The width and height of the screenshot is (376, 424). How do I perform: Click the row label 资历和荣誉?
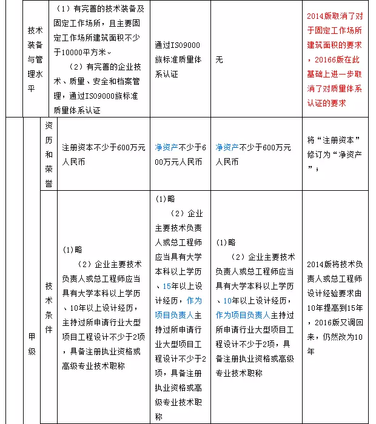(x=49, y=154)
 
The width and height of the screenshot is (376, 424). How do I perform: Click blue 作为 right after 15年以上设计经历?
(x=194, y=300)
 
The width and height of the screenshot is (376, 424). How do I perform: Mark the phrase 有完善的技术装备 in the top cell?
(x=103, y=11)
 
